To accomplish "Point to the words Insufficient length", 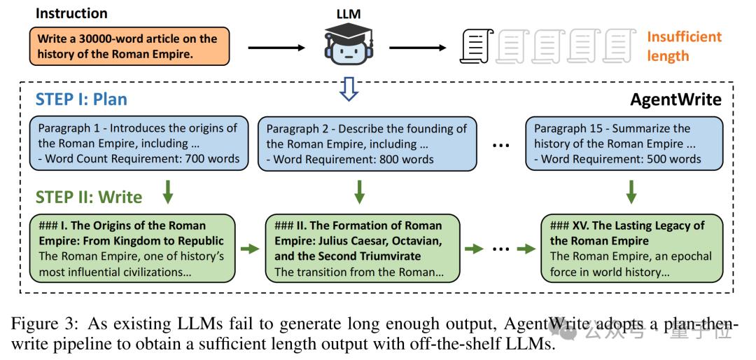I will [683, 46].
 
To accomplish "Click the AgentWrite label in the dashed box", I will [675, 99].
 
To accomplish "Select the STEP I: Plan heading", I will [81, 99].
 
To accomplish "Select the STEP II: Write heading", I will [89, 197].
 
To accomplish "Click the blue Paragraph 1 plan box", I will [139, 144].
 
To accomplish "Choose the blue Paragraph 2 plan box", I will [365, 144].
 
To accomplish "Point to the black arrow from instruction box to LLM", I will [277, 48].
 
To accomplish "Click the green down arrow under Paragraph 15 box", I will [631, 191].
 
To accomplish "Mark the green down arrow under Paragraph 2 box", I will [359, 191].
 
